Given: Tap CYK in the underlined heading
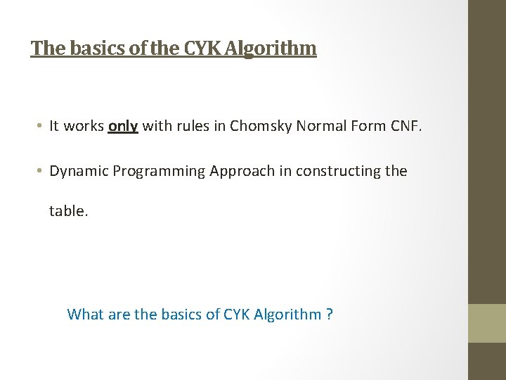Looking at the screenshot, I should click(x=202, y=48).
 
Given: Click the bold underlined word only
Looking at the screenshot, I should click(x=123, y=126).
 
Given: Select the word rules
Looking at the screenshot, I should click(x=190, y=126).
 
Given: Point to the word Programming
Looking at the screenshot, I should click(x=158, y=172).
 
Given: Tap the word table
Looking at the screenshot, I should click(x=68, y=210).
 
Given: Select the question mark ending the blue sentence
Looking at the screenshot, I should click(x=330, y=314).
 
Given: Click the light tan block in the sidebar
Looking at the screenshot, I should click(x=487, y=322).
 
